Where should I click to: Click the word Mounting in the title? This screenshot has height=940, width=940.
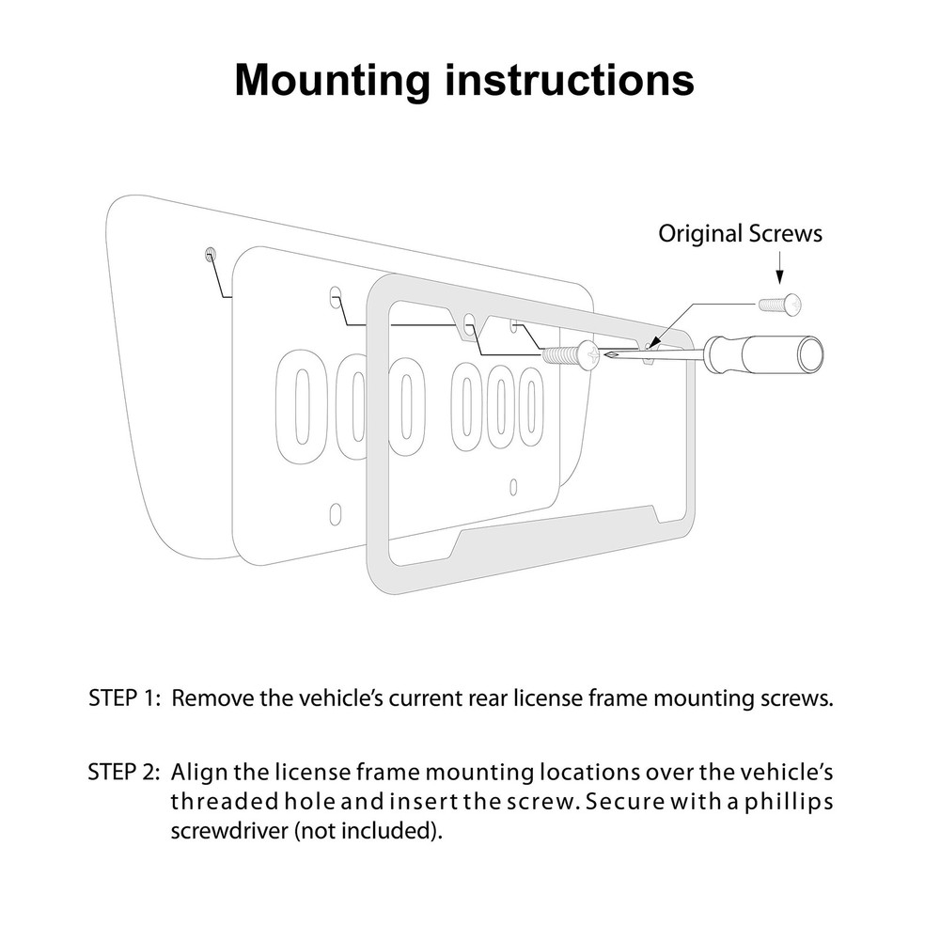point(332,81)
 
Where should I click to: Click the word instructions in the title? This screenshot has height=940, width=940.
point(570,80)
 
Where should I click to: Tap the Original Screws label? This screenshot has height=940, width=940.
point(741,233)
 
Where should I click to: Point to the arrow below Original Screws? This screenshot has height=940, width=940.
point(779,267)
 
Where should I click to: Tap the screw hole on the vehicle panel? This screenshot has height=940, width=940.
point(210,254)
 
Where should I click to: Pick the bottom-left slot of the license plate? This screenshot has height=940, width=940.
point(336,513)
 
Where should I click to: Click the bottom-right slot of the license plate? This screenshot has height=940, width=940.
point(513,487)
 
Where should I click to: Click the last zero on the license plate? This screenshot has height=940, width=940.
point(530,406)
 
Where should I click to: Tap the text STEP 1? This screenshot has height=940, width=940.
point(125,697)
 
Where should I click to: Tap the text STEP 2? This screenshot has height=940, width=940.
point(124,772)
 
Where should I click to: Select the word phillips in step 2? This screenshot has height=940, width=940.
point(789,803)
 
